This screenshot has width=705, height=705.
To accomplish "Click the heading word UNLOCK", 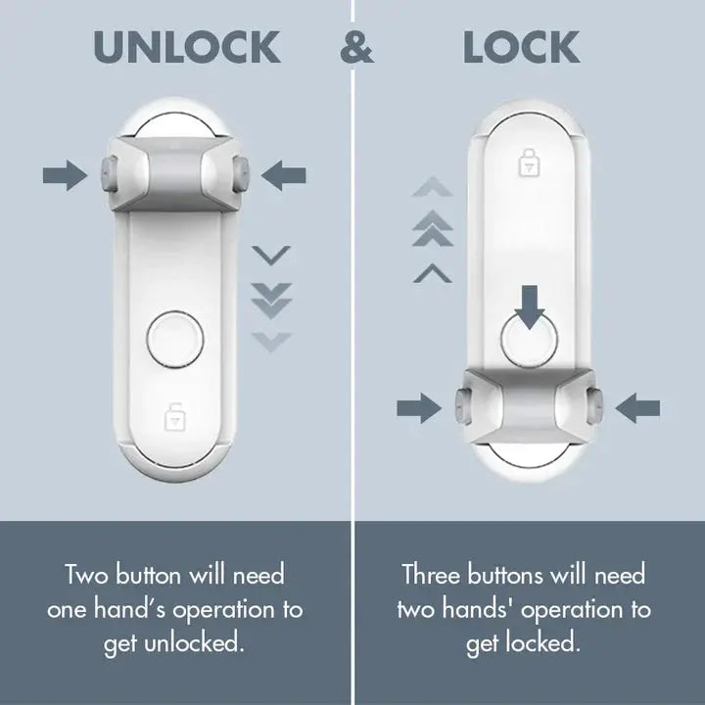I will tap(185, 47).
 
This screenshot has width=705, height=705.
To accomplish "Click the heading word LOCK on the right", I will tap(521, 47).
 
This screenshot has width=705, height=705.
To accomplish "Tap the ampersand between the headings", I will tap(356, 48).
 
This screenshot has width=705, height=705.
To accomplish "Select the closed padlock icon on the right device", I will tap(529, 163).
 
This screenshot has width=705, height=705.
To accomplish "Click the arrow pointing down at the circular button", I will tap(530, 305).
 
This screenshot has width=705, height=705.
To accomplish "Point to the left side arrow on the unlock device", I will tap(65, 176).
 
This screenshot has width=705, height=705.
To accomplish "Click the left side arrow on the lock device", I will tap(418, 407).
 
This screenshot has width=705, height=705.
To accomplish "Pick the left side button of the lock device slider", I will tap(460, 401).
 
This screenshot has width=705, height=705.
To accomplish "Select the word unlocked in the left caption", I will tap(204, 644).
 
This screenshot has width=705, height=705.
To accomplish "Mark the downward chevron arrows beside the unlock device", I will tap(271, 299).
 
